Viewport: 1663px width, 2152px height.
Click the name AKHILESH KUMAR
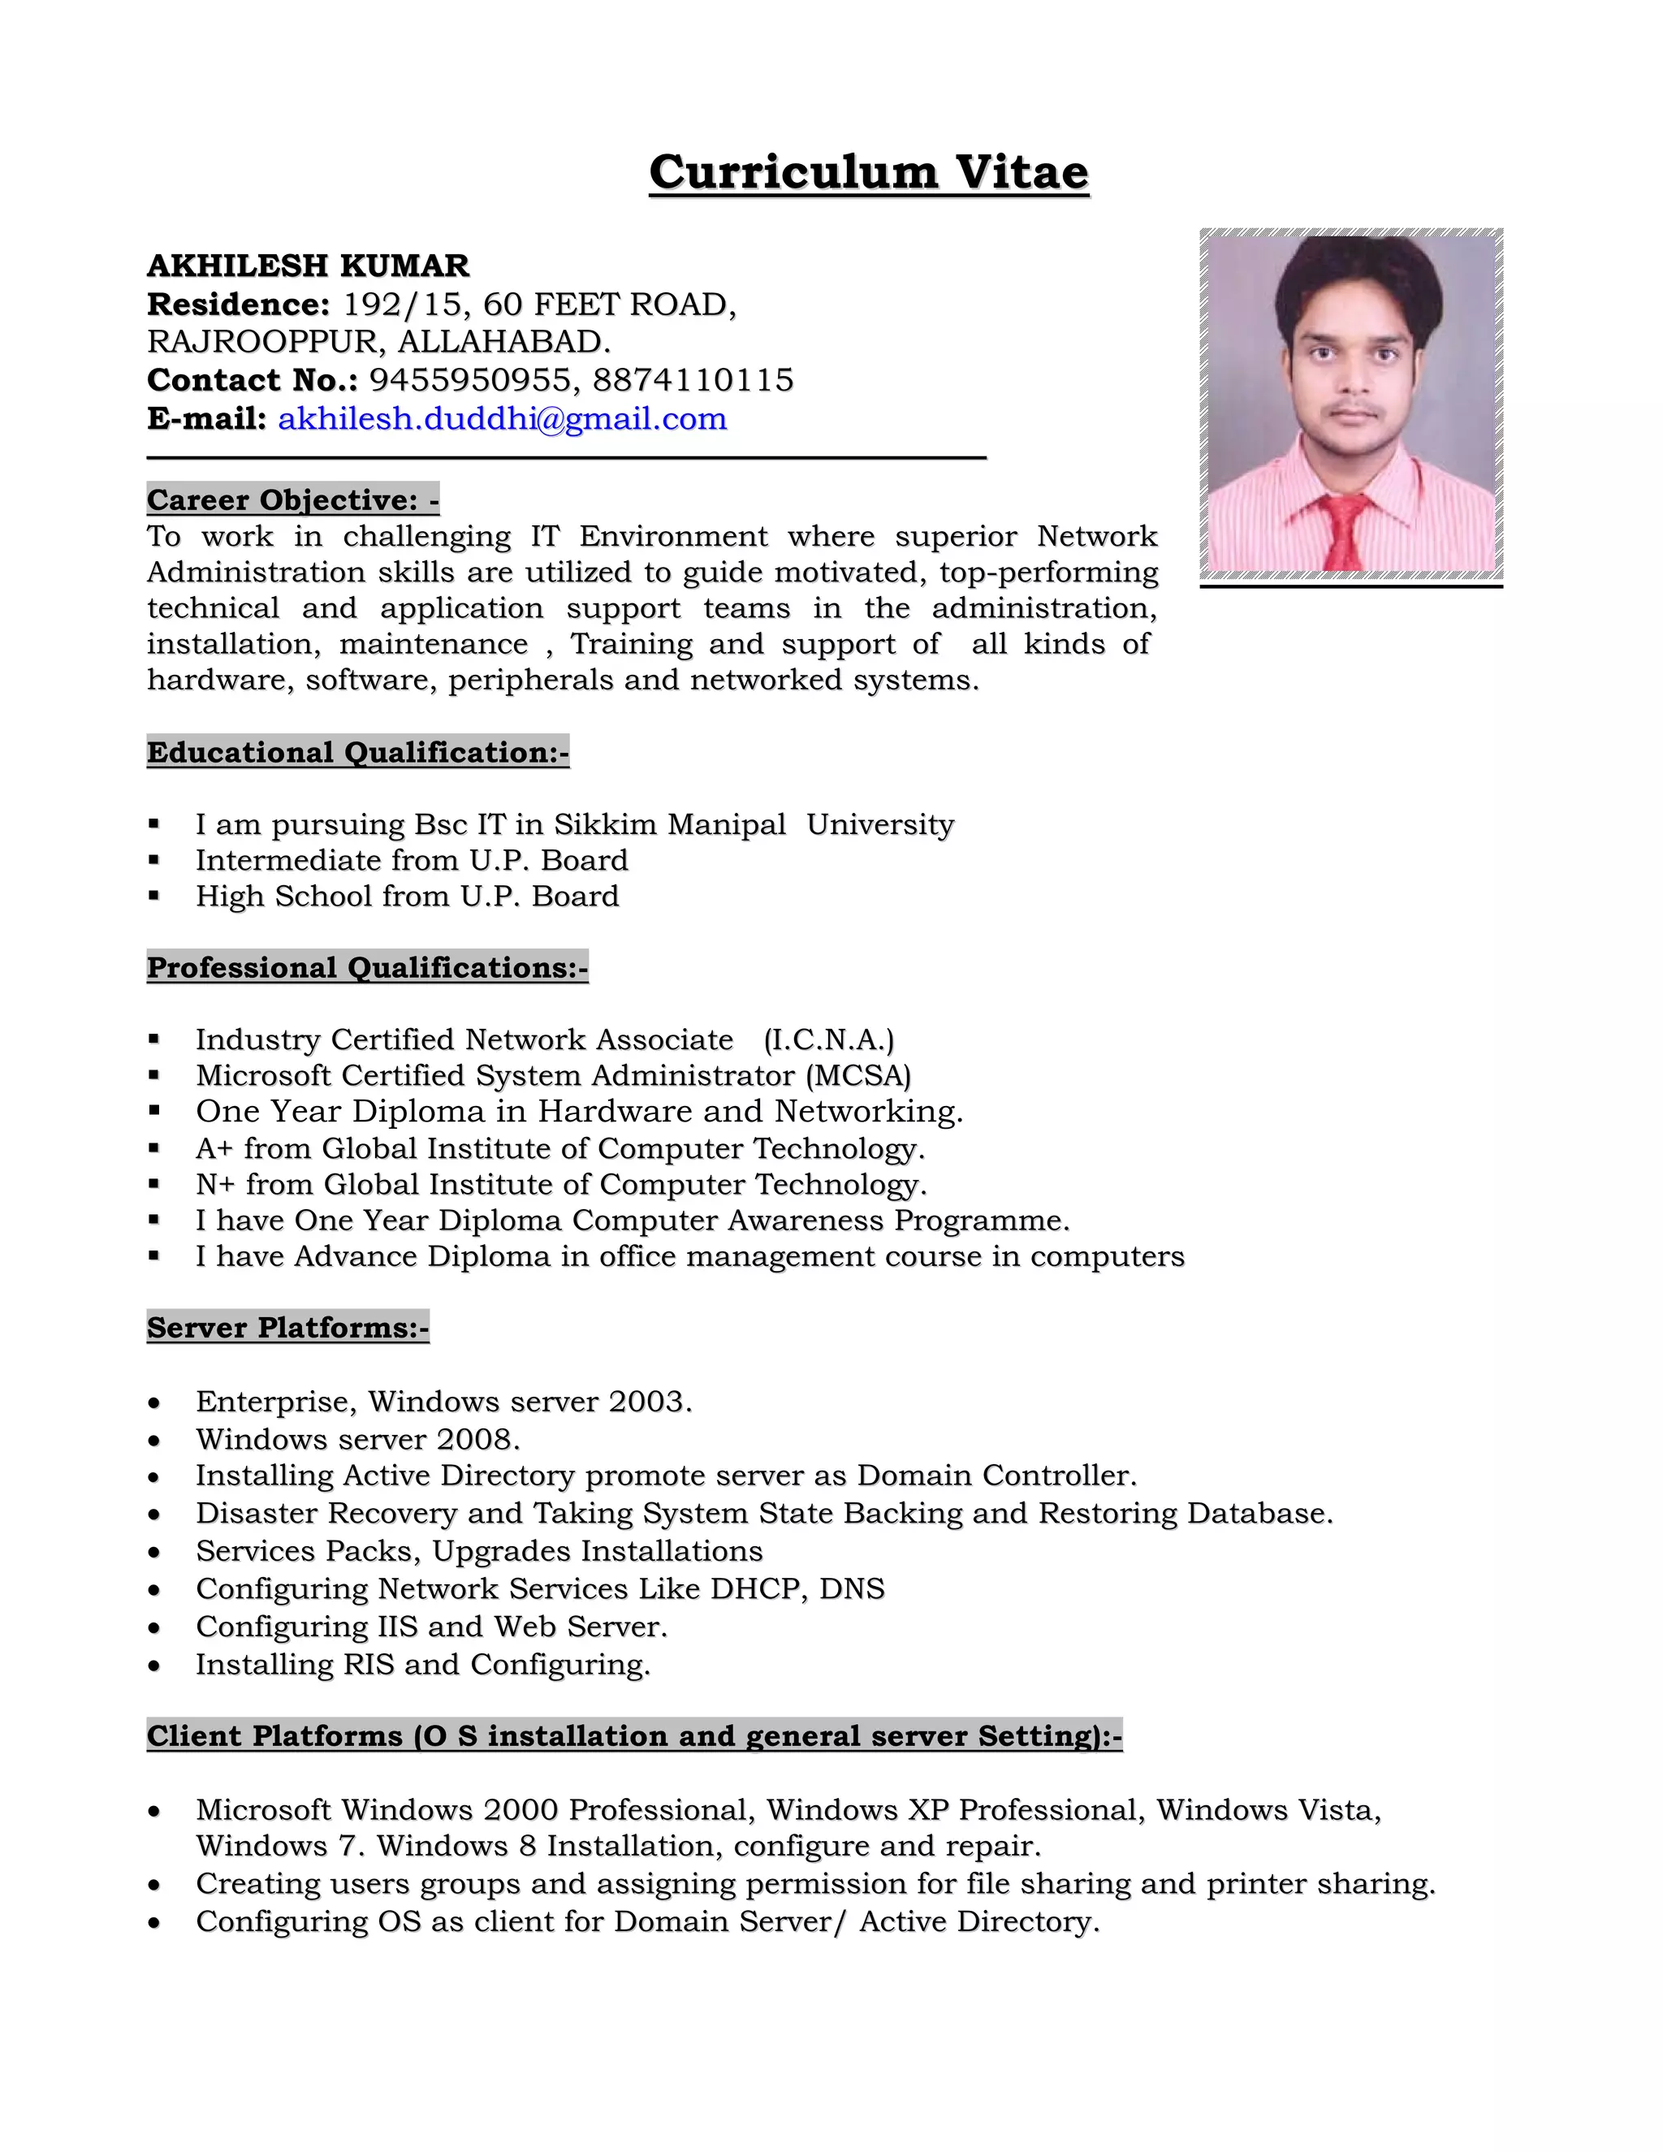[308, 266]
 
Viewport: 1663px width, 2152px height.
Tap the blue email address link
[503, 419]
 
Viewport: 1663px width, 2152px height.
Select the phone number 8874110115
[693, 380]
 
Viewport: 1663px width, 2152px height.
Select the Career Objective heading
[292, 499]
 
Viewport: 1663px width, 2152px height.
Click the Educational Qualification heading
[357, 752]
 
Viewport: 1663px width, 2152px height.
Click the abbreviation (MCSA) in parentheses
[857, 1075]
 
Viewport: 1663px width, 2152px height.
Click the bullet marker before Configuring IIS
[153, 1627]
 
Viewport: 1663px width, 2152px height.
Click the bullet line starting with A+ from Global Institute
[559, 1149]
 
